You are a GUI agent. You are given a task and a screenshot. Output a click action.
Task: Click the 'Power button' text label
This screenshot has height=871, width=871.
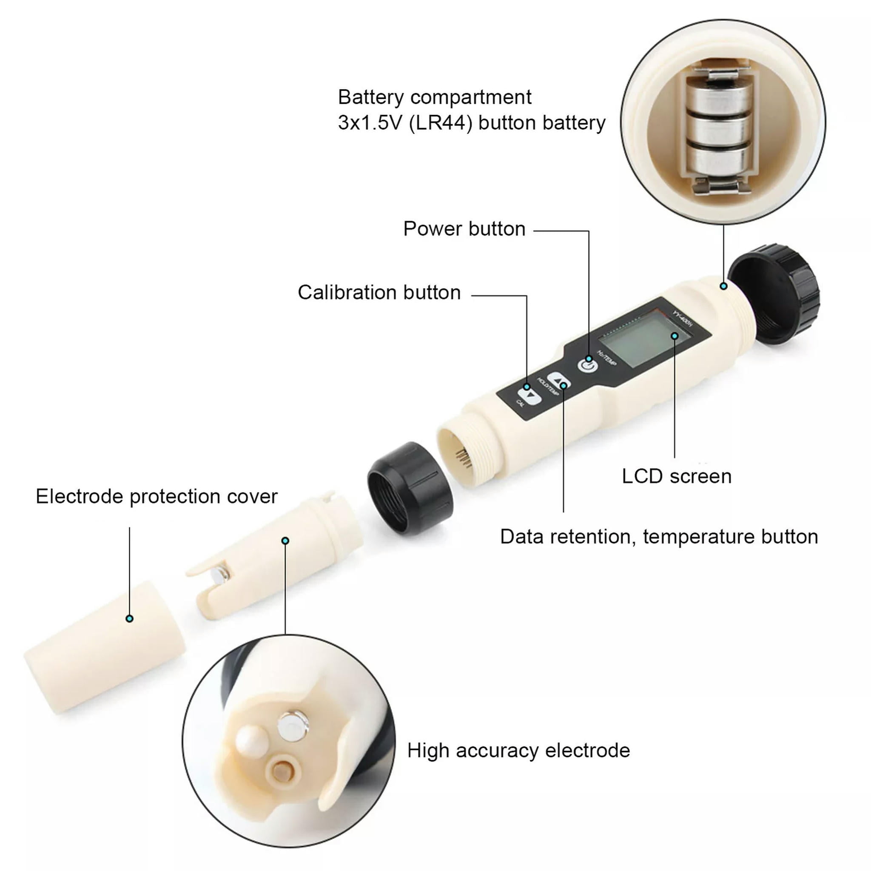tap(464, 229)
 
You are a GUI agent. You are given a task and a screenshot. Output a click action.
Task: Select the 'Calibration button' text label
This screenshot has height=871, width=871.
tap(379, 293)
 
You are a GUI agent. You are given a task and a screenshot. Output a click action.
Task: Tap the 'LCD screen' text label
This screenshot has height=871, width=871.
tap(676, 476)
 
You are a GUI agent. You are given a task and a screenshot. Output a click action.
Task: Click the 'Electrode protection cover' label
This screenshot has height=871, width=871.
tap(157, 496)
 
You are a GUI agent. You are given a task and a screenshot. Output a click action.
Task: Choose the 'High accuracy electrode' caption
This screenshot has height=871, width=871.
tap(518, 750)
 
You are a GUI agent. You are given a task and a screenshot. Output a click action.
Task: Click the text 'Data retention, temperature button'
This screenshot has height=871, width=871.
tap(659, 536)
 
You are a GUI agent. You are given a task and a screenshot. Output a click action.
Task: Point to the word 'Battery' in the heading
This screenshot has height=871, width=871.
tap(370, 97)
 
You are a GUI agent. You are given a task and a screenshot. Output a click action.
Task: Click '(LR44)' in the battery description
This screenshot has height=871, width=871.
tap(441, 122)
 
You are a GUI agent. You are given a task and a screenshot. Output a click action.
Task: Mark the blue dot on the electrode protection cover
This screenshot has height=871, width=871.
tap(130, 618)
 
